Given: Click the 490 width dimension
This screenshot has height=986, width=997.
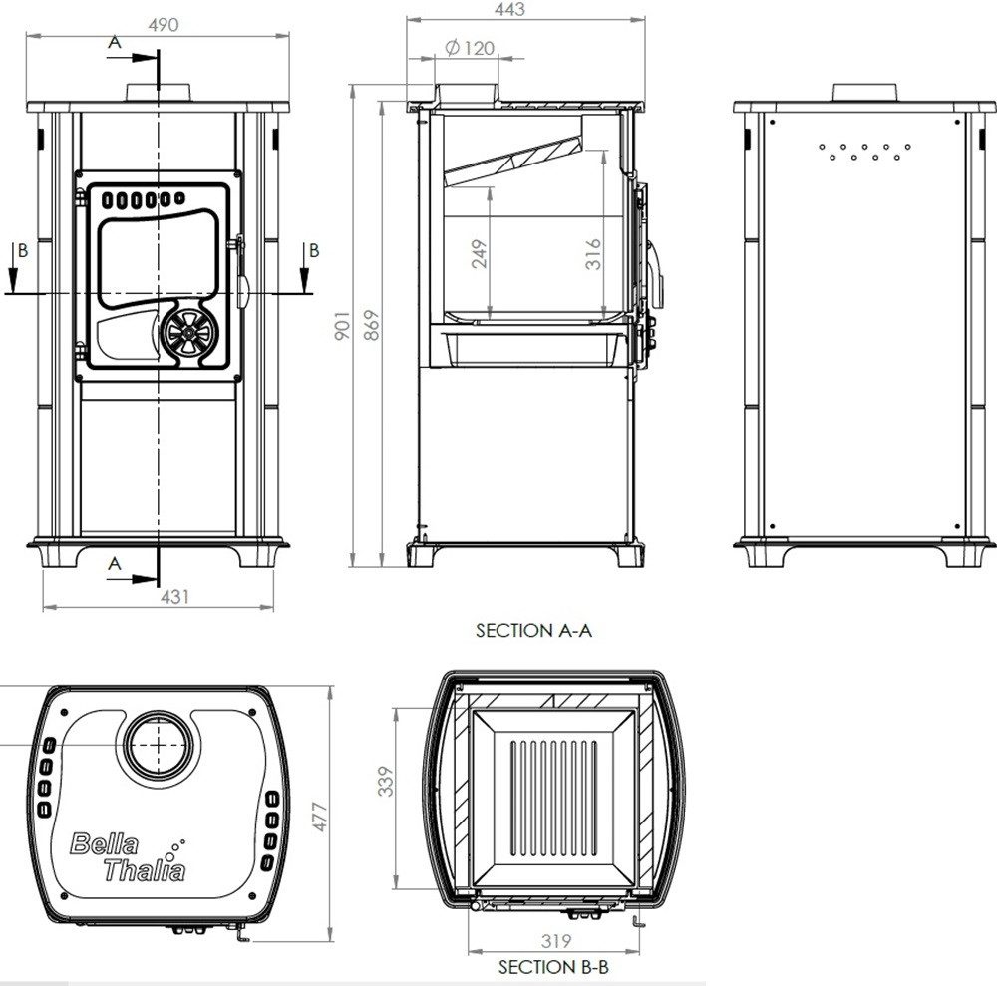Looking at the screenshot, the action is coord(164,25).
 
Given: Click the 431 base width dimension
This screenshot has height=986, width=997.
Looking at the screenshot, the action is coord(174,597).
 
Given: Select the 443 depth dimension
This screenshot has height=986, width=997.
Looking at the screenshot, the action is coord(509,9).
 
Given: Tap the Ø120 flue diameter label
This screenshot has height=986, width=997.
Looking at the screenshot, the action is coord(470,48).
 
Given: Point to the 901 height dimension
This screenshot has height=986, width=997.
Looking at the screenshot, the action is coord(342,325).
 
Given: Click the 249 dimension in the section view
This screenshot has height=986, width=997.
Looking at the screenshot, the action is coord(481,253).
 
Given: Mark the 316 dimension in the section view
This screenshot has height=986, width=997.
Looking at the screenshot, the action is coord(593,254).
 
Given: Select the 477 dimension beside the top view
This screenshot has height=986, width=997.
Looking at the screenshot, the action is coord(320,817).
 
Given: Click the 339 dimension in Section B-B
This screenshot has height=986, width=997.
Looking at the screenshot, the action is coord(386,781).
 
